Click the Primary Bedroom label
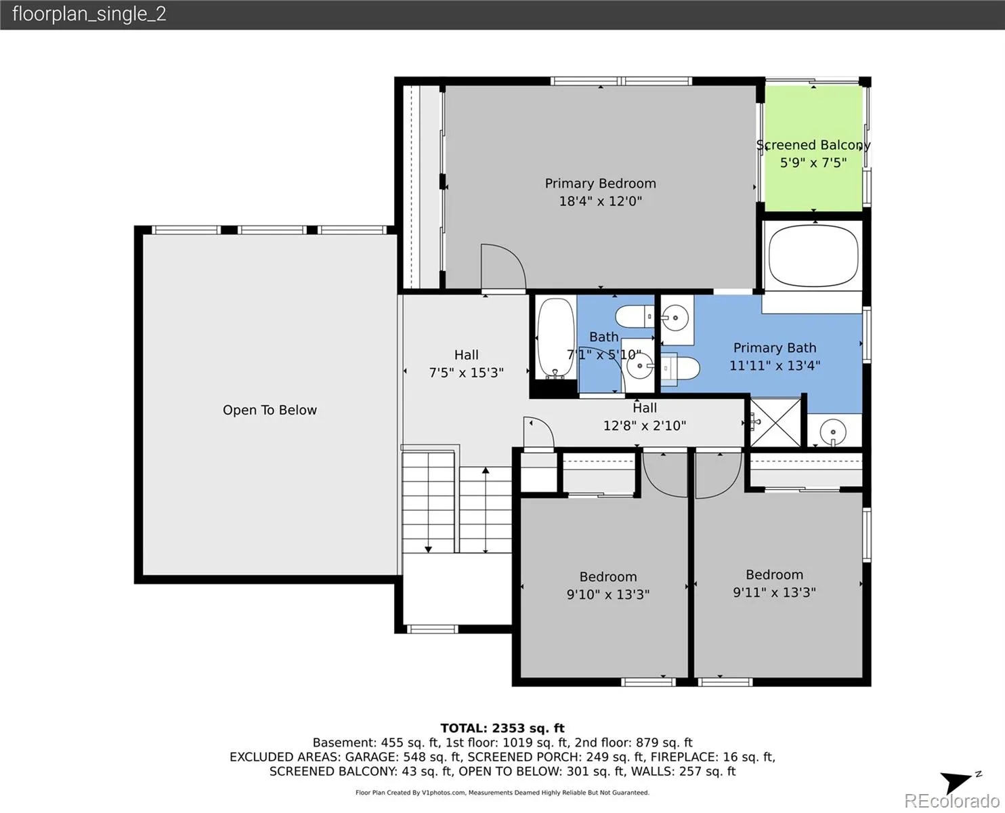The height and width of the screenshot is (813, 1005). [600, 183]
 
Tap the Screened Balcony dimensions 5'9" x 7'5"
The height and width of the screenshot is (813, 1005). [813, 163]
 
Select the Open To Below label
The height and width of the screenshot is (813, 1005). [270, 410]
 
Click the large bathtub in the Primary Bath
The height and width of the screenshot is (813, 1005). [813, 255]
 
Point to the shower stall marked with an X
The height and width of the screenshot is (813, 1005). [775, 422]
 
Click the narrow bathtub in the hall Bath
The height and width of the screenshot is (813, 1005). [556, 338]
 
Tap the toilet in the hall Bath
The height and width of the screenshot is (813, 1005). [635, 316]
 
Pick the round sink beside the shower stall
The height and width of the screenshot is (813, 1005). [833, 432]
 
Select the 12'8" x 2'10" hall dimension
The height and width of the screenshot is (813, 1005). [645, 425]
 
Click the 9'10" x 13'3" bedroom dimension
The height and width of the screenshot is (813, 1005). [608, 594]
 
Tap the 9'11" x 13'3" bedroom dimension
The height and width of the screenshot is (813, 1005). [774, 592]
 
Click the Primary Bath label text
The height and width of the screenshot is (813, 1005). [775, 348]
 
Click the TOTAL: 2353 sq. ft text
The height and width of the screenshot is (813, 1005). [502, 728]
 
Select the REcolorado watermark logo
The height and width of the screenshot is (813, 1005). [951, 801]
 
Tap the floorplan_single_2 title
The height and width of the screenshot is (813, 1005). [89, 14]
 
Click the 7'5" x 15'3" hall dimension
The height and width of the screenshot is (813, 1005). [466, 373]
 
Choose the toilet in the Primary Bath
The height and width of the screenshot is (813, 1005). [679, 368]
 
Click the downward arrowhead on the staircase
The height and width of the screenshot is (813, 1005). [428, 549]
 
